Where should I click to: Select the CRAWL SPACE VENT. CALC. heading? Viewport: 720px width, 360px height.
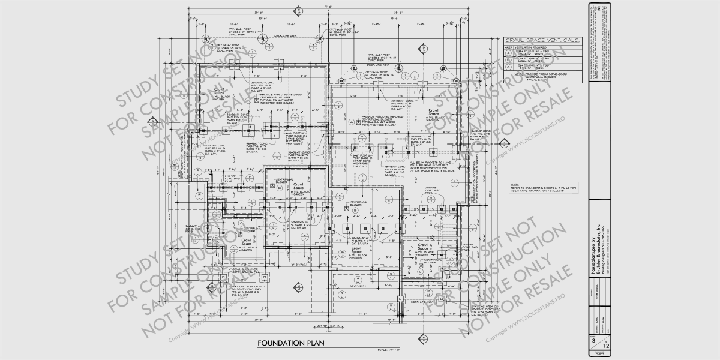542,40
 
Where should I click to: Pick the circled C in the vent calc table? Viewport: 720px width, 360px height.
508,67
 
